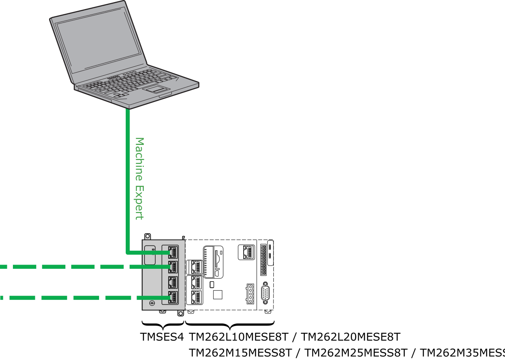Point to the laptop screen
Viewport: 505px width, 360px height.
tap(99, 43)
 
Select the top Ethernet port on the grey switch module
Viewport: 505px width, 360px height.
tap(173, 252)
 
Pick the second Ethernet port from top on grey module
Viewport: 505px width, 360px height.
tap(173, 267)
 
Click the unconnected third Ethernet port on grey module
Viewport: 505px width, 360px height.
tap(173, 282)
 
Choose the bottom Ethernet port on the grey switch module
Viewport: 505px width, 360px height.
tap(173, 297)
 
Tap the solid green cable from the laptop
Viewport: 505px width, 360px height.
tap(128, 181)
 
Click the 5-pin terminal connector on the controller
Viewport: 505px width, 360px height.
tap(250, 294)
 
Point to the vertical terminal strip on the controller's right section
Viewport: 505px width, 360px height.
tap(263, 260)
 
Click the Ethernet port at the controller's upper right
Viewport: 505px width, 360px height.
tap(247, 252)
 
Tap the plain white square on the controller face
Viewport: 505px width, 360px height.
tap(217, 294)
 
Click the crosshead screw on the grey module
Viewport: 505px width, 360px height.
tap(152, 304)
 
